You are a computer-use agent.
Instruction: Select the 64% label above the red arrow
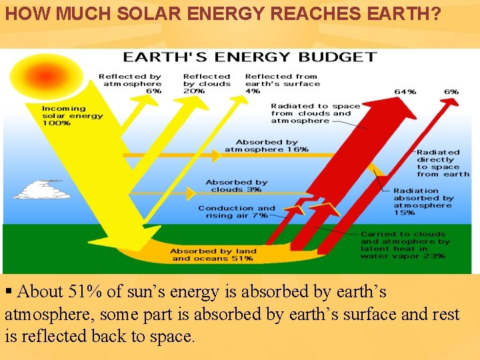point(405,91)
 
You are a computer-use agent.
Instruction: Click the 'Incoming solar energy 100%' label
point(73,116)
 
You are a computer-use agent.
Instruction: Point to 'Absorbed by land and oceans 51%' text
point(213,255)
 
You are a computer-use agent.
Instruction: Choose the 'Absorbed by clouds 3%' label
point(236,186)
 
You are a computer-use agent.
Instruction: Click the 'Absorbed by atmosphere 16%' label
point(267,146)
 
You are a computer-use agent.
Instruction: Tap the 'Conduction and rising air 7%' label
point(237,211)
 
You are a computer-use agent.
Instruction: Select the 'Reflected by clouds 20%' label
point(207,83)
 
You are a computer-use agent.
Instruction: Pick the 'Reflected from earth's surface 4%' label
point(283,83)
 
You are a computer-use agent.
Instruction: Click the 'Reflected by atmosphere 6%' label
point(130,83)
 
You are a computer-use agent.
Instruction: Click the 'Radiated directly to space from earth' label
point(443,163)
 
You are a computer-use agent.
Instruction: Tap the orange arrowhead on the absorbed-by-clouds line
point(191,193)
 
